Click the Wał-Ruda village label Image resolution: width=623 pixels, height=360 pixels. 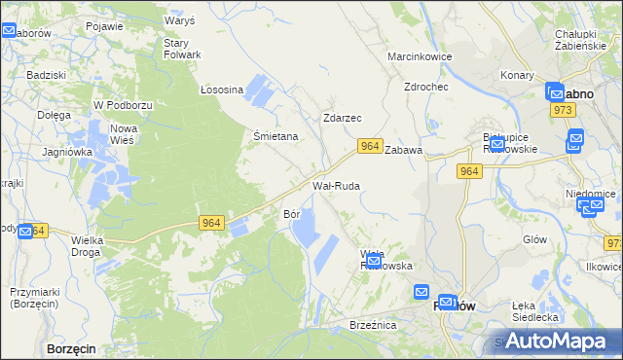pos(336,185)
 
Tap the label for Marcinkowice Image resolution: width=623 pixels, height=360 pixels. pos(421,56)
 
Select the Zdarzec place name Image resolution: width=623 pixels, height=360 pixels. pos(342,118)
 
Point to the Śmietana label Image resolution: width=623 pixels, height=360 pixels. pos(275,137)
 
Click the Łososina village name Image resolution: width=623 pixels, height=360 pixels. pos(221,90)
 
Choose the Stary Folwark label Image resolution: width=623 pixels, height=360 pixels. pos(182,49)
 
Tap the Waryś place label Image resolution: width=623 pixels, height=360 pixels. pos(180,20)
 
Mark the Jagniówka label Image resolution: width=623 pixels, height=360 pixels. pos(67,152)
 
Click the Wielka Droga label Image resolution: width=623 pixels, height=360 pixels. pos(93,246)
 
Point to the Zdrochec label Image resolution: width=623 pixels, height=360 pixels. pos(426,87)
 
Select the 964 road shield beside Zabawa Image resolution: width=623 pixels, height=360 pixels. pos(368,146)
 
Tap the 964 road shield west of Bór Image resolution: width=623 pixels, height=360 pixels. pos(212,223)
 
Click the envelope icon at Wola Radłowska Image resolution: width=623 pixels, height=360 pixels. pos(372,260)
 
